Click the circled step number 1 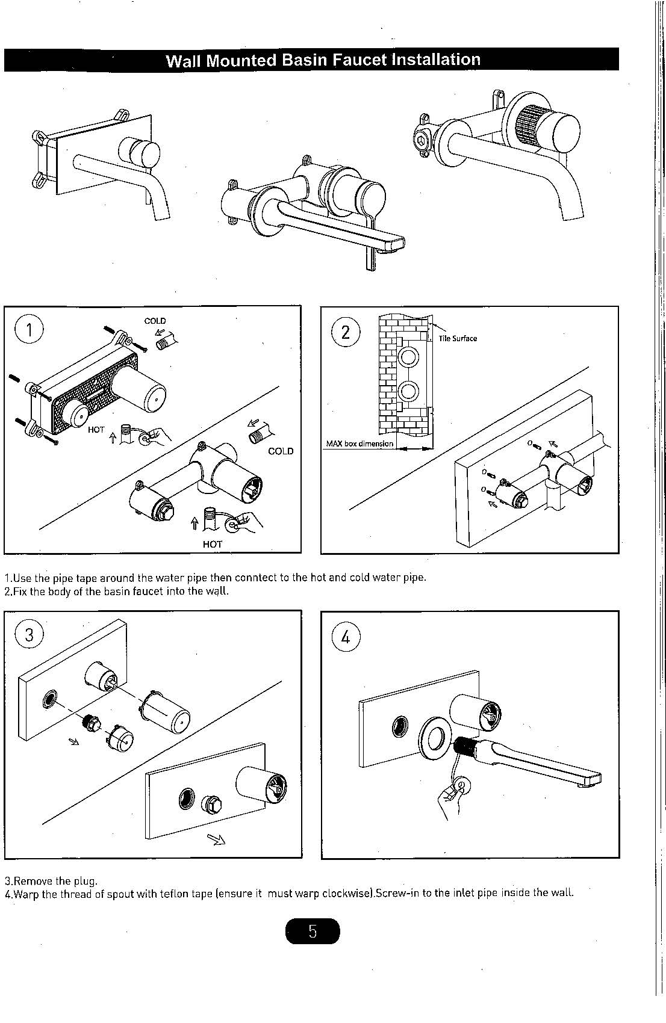pyautogui.click(x=29, y=330)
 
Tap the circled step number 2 pyautogui.click(x=346, y=332)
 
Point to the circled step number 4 pyautogui.click(x=346, y=637)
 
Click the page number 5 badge pyautogui.click(x=313, y=932)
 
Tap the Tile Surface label pyautogui.click(x=458, y=338)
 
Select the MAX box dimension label pyautogui.click(x=359, y=444)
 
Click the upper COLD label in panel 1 pyautogui.click(x=155, y=321)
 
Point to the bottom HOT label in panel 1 pyautogui.click(x=213, y=544)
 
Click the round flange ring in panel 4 pyautogui.click(x=437, y=736)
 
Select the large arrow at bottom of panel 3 pyautogui.click(x=216, y=839)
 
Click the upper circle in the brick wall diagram pyautogui.click(x=407, y=357)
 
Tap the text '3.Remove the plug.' pyautogui.click(x=51, y=881)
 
